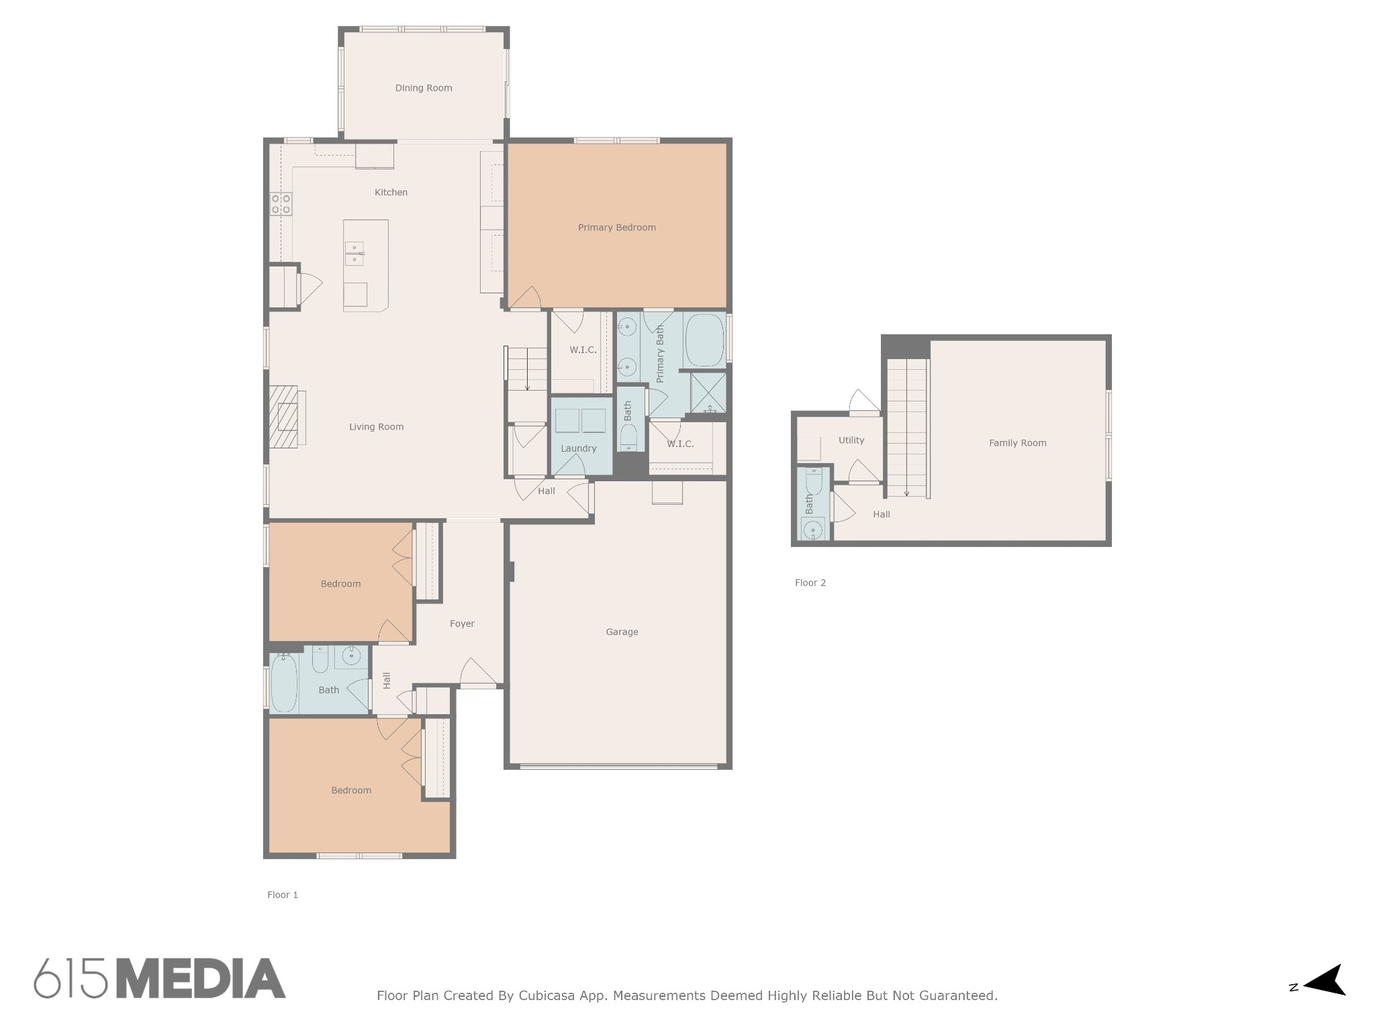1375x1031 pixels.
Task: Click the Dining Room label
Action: [423, 88]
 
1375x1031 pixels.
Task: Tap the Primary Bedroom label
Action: [616, 228]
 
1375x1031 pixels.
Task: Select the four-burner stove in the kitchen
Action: [281, 203]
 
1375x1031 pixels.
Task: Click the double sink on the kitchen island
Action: [354, 254]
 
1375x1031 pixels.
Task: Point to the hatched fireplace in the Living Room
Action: [283, 416]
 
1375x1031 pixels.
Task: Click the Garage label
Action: [622, 632]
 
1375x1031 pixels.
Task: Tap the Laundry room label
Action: [578, 448]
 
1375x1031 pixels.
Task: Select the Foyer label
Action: [462, 624]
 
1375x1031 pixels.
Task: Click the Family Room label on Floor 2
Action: [1017, 443]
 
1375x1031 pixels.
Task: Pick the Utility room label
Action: [851, 440]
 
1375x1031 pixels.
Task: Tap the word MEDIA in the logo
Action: [201, 979]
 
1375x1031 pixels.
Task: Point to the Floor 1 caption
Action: [283, 895]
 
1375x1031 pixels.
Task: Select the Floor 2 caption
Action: [810, 583]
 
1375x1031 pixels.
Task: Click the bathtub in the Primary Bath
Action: [704, 340]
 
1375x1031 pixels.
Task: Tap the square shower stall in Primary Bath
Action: [708, 393]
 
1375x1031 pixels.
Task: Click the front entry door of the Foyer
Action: [478, 673]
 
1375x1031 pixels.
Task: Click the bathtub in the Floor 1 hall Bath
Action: [284, 683]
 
